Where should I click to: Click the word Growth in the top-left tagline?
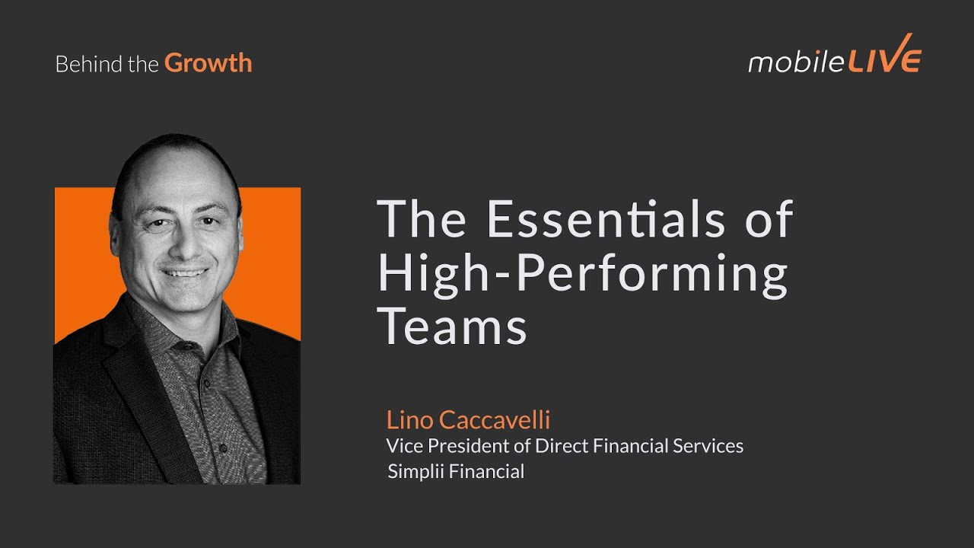pos(208,63)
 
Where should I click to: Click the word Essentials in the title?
pos(606,219)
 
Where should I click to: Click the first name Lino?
pos(409,419)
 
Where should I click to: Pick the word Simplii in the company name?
pos(415,472)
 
